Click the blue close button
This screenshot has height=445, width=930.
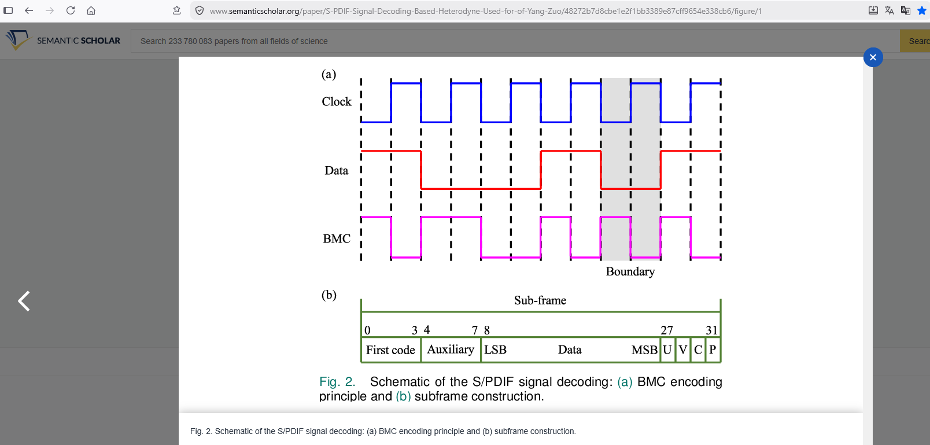click(x=873, y=57)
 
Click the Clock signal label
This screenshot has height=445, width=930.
click(x=336, y=102)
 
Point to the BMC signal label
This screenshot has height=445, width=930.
click(x=337, y=239)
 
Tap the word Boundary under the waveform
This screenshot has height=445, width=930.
click(x=630, y=272)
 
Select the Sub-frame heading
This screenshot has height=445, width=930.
click(x=540, y=300)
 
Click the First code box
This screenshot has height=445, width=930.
click(x=391, y=350)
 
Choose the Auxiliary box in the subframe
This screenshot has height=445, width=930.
click(x=451, y=350)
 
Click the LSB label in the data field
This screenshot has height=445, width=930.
click(x=495, y=350)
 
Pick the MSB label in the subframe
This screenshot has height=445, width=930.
click(x=644, y=350)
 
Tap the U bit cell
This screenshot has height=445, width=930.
click(x=667, y=350)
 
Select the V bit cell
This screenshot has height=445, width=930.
click(x=683, y=350)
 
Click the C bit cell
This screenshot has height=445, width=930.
click(x=698, y=350)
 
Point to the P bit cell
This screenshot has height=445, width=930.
click(x=713, y=350)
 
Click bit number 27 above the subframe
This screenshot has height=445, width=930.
click(x=667, y=330)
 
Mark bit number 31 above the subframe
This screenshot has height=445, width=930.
click(x=711, y=330)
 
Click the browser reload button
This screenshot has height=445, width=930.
click(x=71, y=10)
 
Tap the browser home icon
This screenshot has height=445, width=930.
click(x=91, y=10)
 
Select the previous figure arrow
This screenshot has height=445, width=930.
click(x=24, y=301)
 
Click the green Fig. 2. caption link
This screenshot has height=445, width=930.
click(x=337, y=382)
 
